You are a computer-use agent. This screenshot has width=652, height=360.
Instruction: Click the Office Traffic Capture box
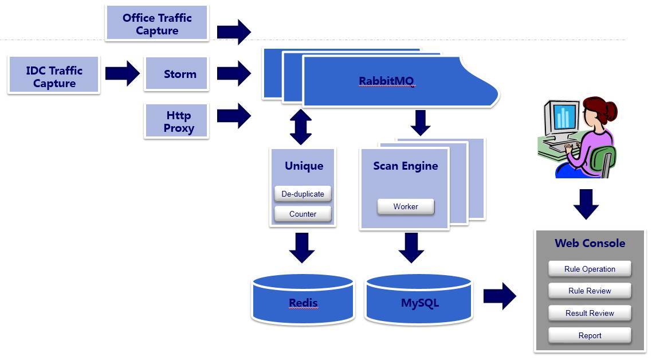tap(156, 24)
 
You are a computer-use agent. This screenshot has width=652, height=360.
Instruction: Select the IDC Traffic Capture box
tap(54, 77)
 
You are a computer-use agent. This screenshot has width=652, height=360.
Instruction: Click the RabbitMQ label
tap(386, 81)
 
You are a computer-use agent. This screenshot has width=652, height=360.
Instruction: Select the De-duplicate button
tap(303, 194)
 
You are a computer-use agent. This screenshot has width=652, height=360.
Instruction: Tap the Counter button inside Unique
tap(303, 214)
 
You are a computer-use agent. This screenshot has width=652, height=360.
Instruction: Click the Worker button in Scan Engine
tap(405, 206)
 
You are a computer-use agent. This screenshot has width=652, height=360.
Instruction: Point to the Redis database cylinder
tap(303, 299)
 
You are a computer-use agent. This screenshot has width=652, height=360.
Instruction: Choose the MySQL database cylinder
tap(419, 299)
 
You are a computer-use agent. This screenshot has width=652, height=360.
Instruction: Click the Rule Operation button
tap(590, 269)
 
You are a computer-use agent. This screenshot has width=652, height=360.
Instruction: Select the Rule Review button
tap(590, 291)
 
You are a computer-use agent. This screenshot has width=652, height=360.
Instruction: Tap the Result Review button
tap(590, 313)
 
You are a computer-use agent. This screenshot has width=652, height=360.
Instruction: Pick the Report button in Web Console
tap(590, 335)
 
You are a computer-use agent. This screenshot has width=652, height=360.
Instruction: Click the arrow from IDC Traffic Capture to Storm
tap(122, 73)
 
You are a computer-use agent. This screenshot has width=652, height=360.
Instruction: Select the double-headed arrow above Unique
tap(301, 127)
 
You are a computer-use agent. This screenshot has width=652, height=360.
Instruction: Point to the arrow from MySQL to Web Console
tap(500, 296)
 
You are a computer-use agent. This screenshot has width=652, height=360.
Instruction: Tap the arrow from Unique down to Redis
tap(302, 247)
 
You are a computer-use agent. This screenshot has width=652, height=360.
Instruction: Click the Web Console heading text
tap(590, 243)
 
